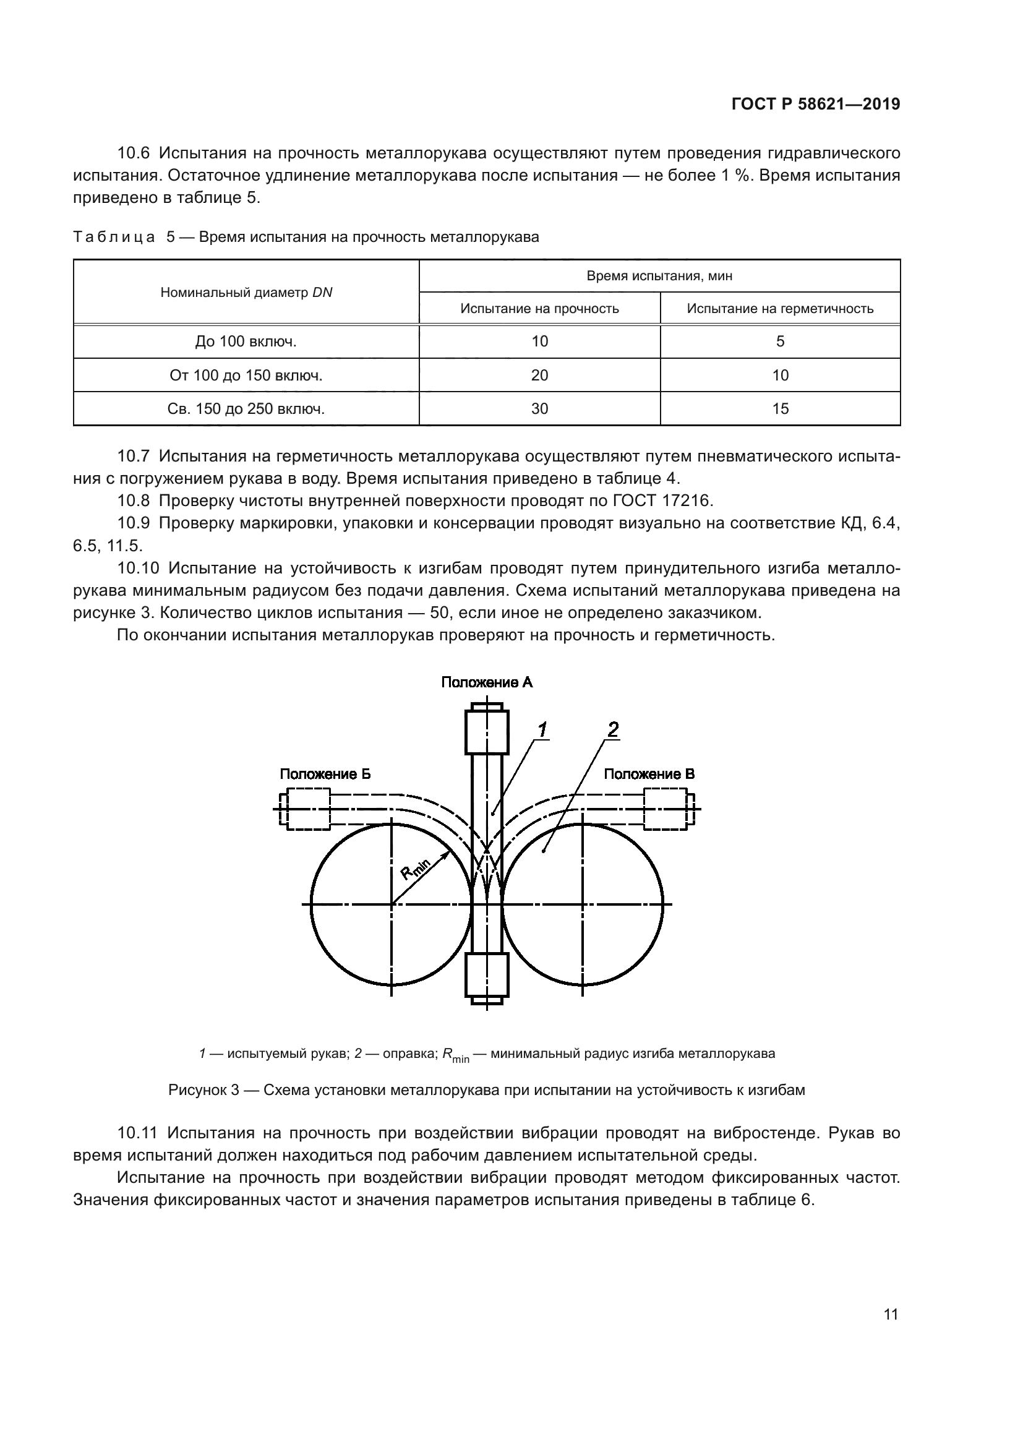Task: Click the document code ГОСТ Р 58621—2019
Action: tap(816, 104)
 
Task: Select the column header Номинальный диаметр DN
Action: tap(246, 293)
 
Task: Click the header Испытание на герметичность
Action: tap(780, 309)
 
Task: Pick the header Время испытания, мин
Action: tap(659, 276)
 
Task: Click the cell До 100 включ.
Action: tap(246, 341)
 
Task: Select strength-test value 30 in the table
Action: tap(540, 409)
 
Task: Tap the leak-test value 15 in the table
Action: tap(780, 409)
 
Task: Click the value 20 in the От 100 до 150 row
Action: tap(540, 376)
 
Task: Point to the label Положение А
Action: tap(486, 682)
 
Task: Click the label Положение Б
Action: tap(325, 774)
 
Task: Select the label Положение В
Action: tap(649, 774)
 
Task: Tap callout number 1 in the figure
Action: tap(541, 730)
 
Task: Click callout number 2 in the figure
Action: tap(612, 729)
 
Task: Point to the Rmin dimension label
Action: tap(416, 872)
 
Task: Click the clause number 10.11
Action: tap(137, 1133)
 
